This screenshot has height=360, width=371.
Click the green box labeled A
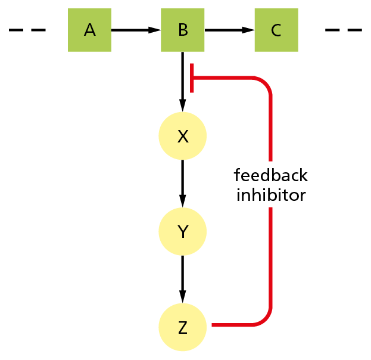tap(89, 30)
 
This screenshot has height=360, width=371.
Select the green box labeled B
tap(183, 30)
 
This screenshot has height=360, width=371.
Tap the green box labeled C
tap(276, 30)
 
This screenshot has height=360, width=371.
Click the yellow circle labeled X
tap(183, 136)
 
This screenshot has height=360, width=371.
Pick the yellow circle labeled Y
tap(183, 231)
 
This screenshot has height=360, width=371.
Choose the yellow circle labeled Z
tap(183, 327)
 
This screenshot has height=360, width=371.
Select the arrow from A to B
tap(136, 30)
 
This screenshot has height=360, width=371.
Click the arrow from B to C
tap(229, 30)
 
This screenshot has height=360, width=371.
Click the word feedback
tap(271, 176)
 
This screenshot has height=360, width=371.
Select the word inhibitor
tap(271, 195)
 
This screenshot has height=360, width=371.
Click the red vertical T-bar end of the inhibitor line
tap(191, 78)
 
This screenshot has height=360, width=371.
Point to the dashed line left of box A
tap(27, 30)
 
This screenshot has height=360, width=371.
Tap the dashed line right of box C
tap(344, 30)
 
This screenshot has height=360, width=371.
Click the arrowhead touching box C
tap(249, 30)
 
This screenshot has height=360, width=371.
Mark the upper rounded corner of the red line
tap(266, 83)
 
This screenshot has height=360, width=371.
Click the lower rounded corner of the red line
tap(266, 319)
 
